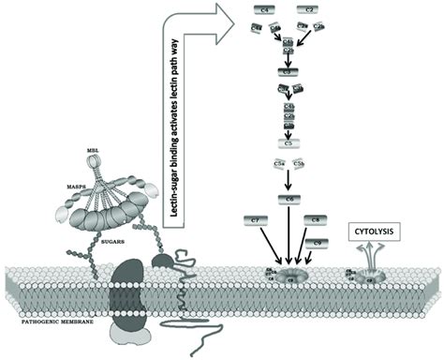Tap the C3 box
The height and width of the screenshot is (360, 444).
[288, 70]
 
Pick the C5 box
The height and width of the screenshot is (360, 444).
[289, 142]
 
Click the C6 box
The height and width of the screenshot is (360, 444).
[289, 200]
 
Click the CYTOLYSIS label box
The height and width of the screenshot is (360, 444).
[375, 228]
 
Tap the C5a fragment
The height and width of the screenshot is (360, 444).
[277, 164]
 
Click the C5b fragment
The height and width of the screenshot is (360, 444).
[300, 164]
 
